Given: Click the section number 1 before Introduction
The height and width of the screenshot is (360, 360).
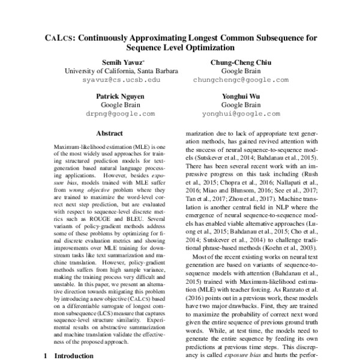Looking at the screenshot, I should pos(44,355).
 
